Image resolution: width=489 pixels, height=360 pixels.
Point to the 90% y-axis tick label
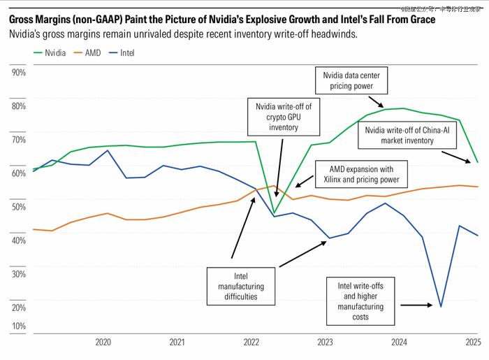click(x=18, y=73)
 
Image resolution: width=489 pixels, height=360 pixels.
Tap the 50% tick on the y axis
click(x=18, y=206)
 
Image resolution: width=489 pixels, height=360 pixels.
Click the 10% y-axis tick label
click(x=18, y=326)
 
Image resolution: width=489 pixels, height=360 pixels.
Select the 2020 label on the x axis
click(x=103, y=343)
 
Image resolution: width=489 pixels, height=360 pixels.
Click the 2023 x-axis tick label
click(x=325, y=343)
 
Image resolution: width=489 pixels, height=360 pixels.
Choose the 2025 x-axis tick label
click(x=473, y=343)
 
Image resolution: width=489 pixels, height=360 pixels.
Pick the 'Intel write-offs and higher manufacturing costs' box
click(x=360, y=301)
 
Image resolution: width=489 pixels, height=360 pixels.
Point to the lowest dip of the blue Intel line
click(x=441, y=306)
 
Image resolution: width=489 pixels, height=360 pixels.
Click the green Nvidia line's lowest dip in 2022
click(x=274, y=213)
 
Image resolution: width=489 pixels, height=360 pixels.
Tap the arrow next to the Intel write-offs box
click(x=419, y=305)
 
